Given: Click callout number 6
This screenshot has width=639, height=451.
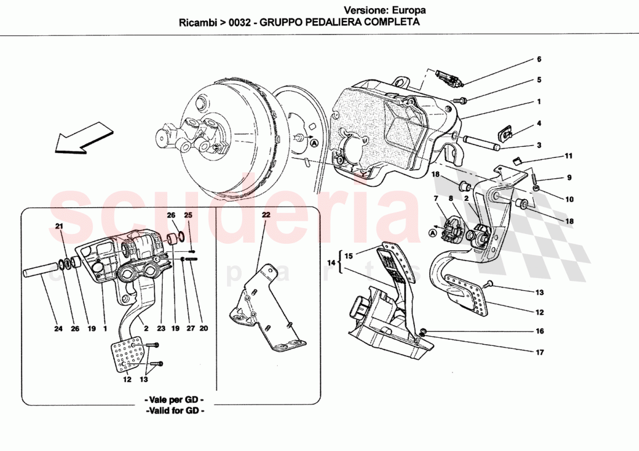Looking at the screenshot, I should click(539, 59).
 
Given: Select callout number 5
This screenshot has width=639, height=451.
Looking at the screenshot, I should click(539, 80).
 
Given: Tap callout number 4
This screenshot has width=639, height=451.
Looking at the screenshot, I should click(539, 123).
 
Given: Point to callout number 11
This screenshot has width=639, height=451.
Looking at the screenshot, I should click(569, 156).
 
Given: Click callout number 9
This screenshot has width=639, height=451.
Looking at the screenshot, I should click(569, 178).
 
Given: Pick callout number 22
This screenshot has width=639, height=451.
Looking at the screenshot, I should click(266, 215).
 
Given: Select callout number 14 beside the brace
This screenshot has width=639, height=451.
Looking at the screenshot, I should click(331, 264).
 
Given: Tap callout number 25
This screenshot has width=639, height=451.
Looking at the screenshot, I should click(188, 215).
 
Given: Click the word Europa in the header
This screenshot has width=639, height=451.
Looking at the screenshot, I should click(409, 10).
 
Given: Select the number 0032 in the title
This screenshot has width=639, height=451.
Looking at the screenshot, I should click(240, 23).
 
